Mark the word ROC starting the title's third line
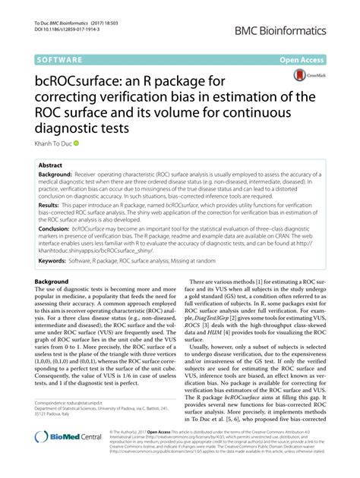pyautogui.click(x=51, y=113)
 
